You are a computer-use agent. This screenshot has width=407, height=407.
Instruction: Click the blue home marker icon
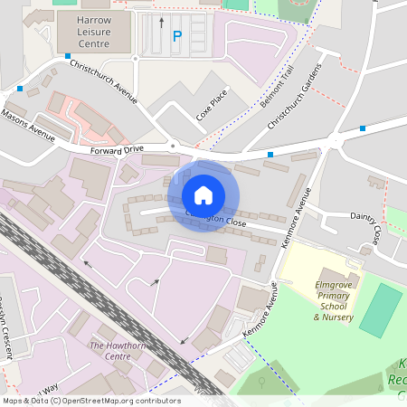pyautogui.click(x=203, y=194)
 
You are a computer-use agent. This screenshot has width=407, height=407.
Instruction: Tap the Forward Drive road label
pyautogui.click(x=117, y=148)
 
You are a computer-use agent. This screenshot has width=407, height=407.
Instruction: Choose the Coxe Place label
pyautogui.click(x=212, y=104)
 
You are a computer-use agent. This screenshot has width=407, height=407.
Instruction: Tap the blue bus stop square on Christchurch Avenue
pyautogui.click(x=68, y=56)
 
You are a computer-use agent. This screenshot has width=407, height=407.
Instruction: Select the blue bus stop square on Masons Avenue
pyautogui.click(x=20, y=89)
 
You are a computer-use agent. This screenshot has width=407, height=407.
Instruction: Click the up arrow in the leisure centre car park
pyautogui.click(x=162, y=21)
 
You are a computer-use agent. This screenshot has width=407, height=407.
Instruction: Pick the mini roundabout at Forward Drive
pyautogui.click(x=172, y=145)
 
